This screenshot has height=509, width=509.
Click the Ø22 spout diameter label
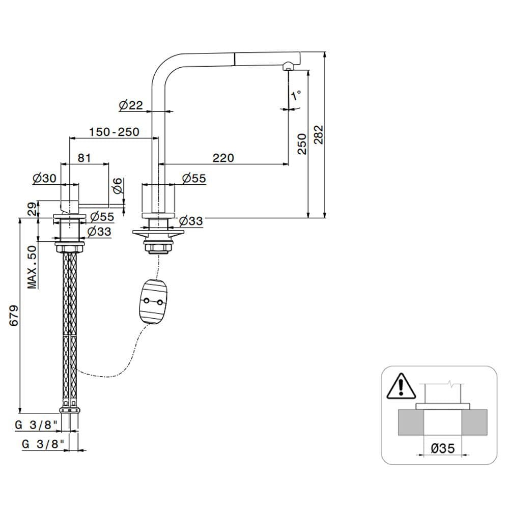131,105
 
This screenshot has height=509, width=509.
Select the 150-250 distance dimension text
114,132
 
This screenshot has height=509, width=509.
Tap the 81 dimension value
84,158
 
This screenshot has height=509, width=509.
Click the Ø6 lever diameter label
118,185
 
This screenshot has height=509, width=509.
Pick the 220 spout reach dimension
223,158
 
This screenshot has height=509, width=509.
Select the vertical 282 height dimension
319,134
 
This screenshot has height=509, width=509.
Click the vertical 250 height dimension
302,144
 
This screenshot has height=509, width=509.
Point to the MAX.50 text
33,267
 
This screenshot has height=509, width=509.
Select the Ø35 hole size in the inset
442,448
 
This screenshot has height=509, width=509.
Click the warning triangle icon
401,387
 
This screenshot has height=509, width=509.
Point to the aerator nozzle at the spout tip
288,66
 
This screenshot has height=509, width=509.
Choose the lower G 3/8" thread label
43,443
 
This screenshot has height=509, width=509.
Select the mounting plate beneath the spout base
157,234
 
